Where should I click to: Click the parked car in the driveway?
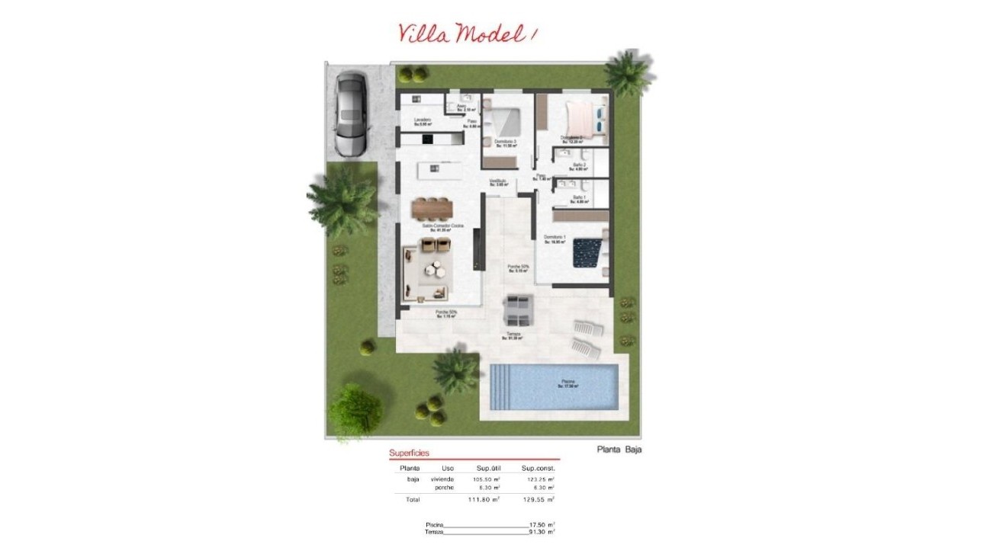pos(352,113)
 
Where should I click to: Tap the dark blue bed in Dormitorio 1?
pos(587,252)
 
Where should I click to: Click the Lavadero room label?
pos(423,120)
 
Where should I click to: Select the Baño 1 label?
pos(580,199)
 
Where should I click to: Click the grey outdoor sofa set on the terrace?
pos(517,311)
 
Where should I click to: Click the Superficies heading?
pos(409,453)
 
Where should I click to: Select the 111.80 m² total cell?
pos(483,500)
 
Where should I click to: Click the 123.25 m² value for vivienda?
pos(537,479)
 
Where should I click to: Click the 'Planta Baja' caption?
pos(619,450)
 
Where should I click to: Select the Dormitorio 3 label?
pos(505,142)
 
